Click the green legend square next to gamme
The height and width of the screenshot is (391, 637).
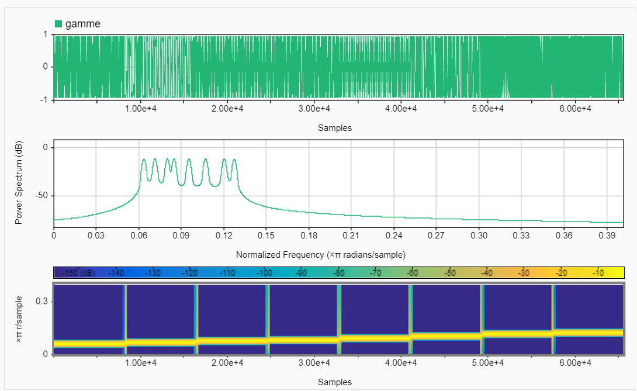58,24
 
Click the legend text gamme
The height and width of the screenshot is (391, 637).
83,24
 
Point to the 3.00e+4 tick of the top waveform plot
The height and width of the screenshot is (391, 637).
314,109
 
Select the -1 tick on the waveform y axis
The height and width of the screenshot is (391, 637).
43,99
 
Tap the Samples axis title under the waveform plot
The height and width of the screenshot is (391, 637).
335,127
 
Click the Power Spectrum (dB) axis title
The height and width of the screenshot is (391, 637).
19,182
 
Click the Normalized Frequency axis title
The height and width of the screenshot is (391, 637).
321,255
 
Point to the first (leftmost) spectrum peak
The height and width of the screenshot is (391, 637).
144,160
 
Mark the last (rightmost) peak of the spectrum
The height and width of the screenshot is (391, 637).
234,160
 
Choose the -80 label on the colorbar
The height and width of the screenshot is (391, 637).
339,273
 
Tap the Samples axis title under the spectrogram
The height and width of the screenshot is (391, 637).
335,382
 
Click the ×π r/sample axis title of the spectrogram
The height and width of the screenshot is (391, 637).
19,319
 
